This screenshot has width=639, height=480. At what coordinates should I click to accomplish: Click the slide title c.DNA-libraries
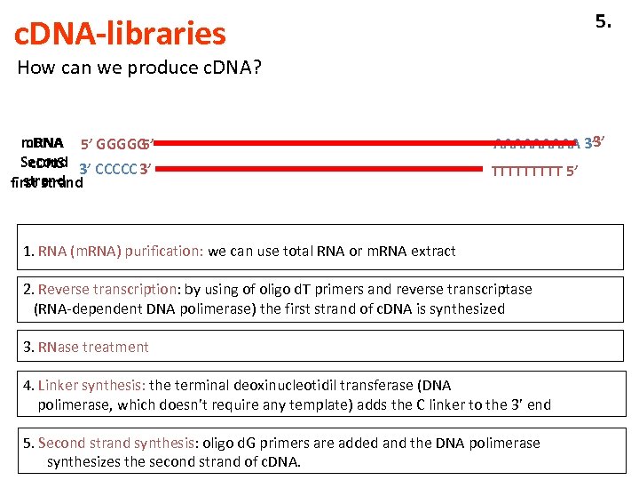(x=121, y=34)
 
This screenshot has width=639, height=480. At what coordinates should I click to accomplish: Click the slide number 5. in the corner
(x=603, y=21)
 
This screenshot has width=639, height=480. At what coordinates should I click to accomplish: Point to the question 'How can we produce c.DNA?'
(x=139, y=68)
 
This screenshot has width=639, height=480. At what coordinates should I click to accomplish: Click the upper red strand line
(x=319, y=142)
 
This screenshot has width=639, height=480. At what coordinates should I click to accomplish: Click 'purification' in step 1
(x=165, y=251)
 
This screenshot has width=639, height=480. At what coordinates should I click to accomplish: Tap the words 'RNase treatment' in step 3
(x=94, y=347)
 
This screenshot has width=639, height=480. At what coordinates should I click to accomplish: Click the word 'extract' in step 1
(x=432, y=251)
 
